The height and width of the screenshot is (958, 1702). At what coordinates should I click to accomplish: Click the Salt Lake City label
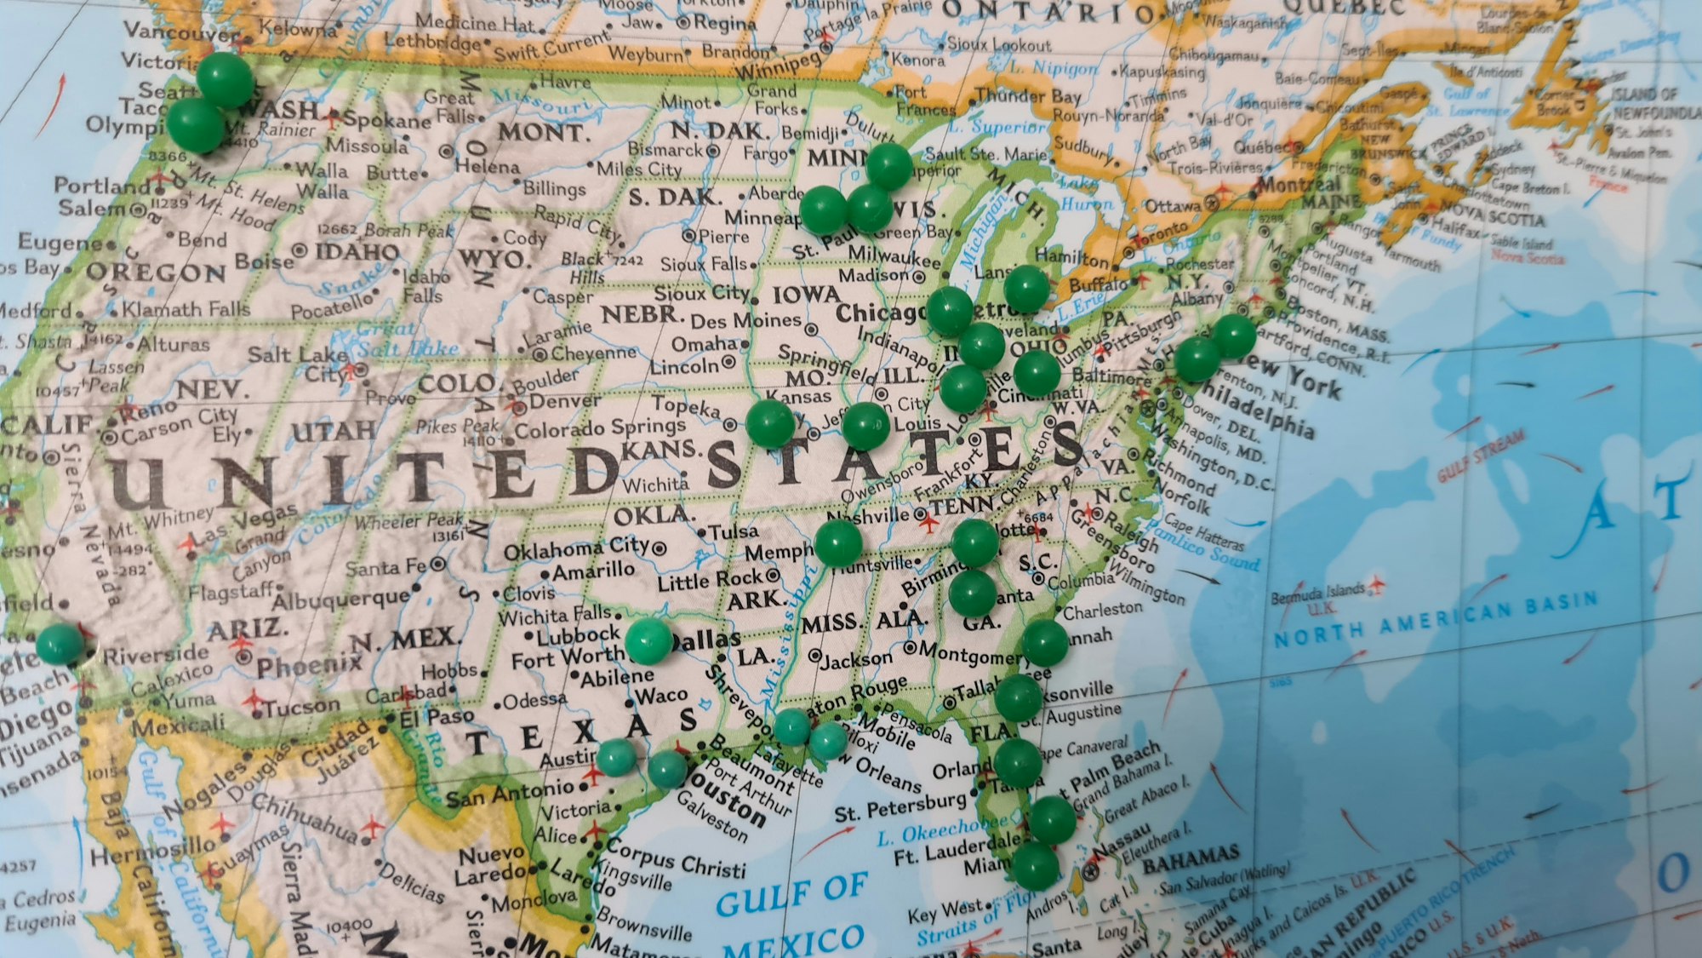(298, 363)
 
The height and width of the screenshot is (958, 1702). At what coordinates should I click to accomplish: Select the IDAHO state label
(357, 252)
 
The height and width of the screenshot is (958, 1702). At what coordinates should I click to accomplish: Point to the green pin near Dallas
(649, 641)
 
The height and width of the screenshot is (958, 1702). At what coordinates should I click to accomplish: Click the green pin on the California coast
(60, 644)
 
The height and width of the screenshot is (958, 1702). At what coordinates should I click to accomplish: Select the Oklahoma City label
(576, 549)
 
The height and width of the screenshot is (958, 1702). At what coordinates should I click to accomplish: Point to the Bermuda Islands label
(1317, 593)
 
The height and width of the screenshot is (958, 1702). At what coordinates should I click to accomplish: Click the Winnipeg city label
(779, 65)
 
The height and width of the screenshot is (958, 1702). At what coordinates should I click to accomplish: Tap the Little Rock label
(711, 581)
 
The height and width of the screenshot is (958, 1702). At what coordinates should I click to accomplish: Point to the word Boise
(263, 261)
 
